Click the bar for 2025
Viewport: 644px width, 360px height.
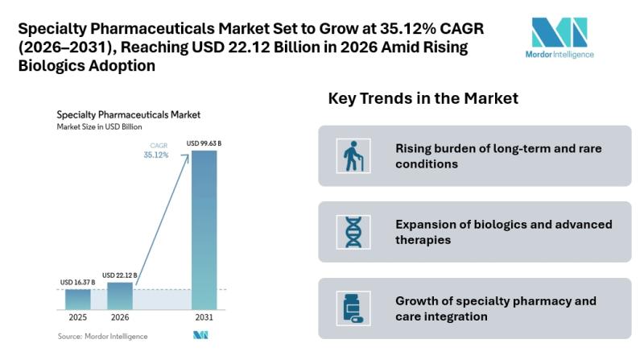coord(78,299)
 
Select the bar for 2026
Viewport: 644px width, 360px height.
coord(120,296)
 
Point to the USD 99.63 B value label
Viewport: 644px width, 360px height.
coord(204,143)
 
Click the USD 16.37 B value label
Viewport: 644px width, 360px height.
coord(77,282)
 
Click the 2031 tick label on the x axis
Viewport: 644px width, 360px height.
coord(204,319)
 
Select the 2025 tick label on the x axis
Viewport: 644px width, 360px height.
coord(78,319)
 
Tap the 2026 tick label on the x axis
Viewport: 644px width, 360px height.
coord(120,319)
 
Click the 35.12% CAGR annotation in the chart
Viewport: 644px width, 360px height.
coord(156,155)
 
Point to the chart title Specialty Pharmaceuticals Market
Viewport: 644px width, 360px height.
coord(129,114)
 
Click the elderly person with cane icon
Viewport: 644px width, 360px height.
coord(353,156)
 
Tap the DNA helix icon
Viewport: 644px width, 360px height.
coord(353,232)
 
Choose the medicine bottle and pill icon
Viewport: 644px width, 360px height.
coord(353,308)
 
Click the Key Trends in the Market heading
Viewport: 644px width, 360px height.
coord(423,98)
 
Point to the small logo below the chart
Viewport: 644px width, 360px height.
coord(200,335)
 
